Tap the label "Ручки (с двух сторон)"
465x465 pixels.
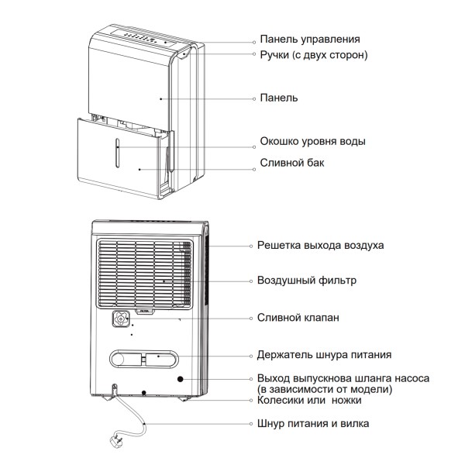pos(312,55)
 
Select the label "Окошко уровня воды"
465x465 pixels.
pos(312,143)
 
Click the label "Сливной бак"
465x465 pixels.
pos(291,164)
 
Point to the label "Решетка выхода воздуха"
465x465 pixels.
pos(320,245)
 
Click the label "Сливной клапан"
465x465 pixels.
pos(298,318)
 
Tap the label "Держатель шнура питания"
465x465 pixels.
pos(323,355)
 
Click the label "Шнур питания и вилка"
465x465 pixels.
pos(312,424)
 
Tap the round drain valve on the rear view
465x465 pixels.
pos(122,318)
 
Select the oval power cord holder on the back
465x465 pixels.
pos(144,360)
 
